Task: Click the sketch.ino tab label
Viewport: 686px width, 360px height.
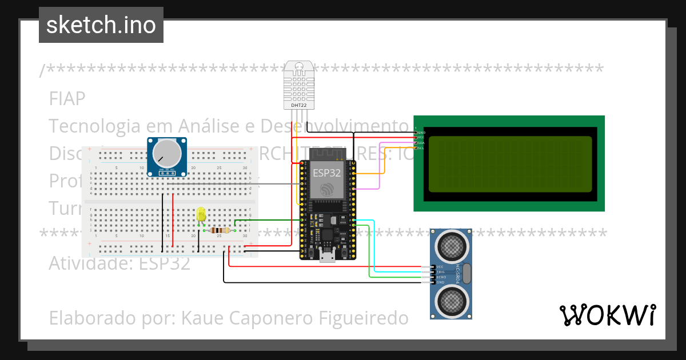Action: point(101,25)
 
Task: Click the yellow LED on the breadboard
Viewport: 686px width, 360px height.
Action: point(201,214)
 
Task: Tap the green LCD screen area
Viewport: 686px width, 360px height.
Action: point(509,163)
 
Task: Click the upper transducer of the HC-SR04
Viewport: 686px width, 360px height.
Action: point(452,246)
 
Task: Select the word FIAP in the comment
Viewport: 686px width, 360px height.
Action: point(67,99)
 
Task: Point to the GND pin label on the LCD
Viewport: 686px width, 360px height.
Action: point(421,132)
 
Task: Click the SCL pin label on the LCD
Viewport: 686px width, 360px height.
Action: point(421,148)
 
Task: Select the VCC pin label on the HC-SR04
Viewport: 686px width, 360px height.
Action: point(440,267)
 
